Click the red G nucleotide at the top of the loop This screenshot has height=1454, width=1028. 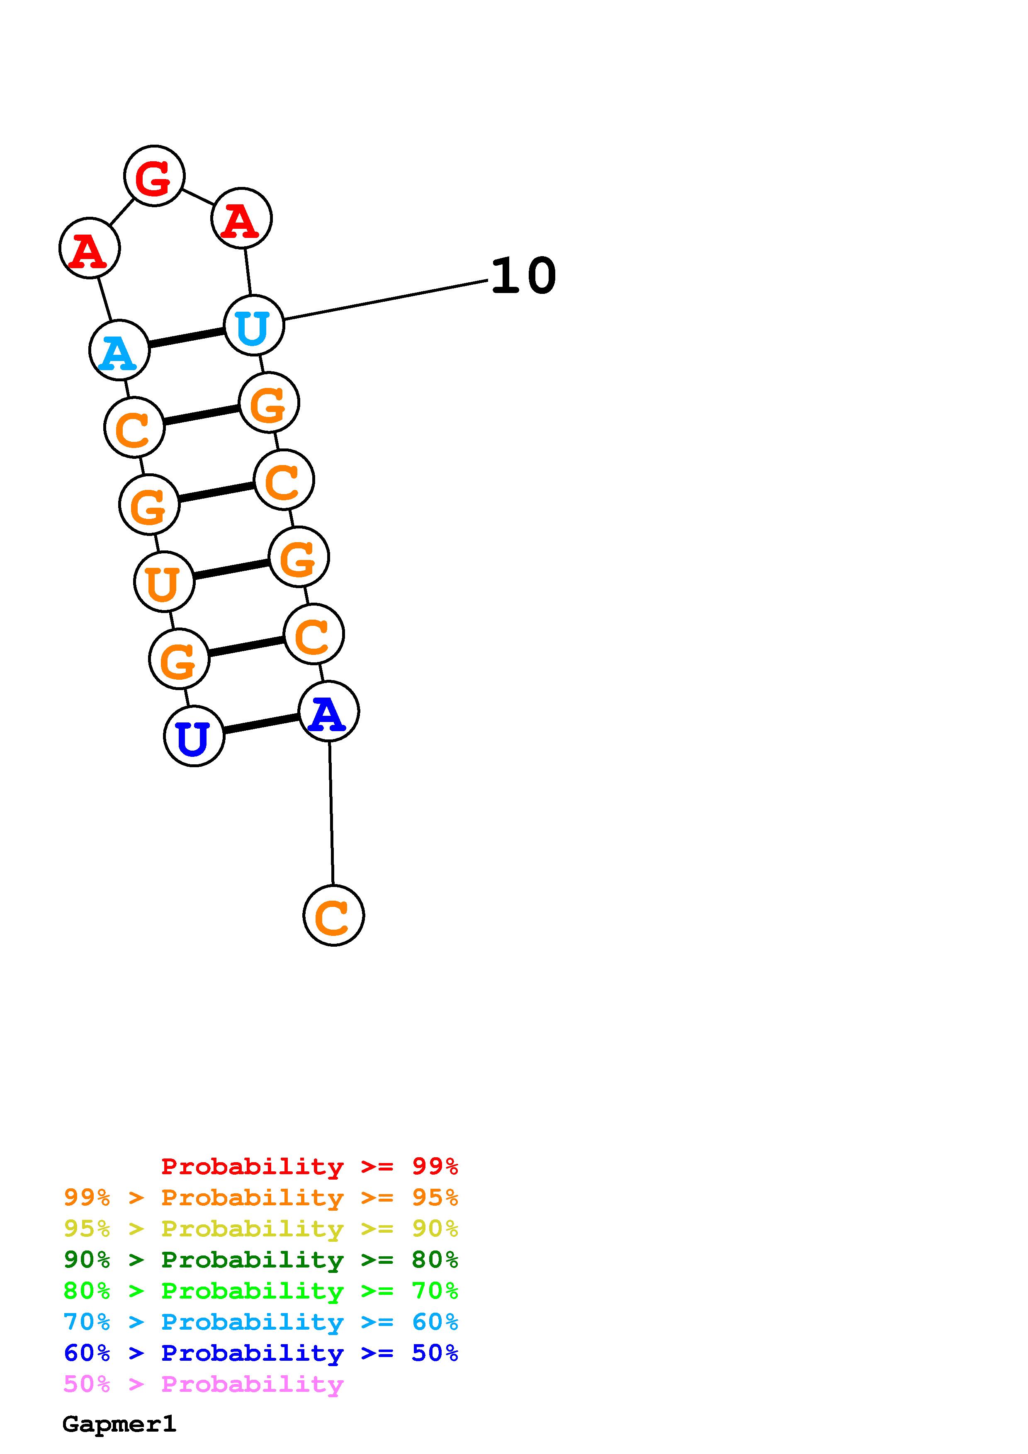pyautogui.click(x=154, y=176)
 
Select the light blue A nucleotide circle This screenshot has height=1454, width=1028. pyautogui.click(x=119, y=350)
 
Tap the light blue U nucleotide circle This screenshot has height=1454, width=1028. pyautogui.click(x=254, y=325)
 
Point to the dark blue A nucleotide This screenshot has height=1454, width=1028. pyautogui.click(x=328, y=711)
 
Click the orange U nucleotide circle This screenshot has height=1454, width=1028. pyautogui.click(x=164, y=582)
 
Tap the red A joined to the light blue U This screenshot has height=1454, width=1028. pyautogui.click(x=241, y=218)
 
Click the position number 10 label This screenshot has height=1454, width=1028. pyautogui.click(x=523, y=277)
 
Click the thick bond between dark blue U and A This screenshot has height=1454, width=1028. pyautogui.click(x=261, y=724)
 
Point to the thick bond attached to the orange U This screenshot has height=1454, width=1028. pyautogui.click(x=231, y=569)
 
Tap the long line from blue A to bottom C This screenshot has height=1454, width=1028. pyautogui.click(x=331, y=813)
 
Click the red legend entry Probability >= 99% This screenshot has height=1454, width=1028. pyautogui.click(x=309, y=1166)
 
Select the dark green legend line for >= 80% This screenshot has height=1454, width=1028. pyautogui.click(x=260, y=1260)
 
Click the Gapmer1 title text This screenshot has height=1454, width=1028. pyautogui.click(x=119, y=1424)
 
